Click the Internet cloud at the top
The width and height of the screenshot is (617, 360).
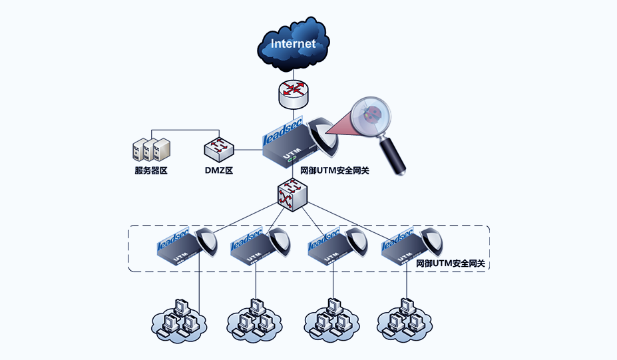293,45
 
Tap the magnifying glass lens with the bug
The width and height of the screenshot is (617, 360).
373,115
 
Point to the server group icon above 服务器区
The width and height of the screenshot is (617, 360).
149,150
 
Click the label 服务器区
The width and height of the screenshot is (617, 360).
150,170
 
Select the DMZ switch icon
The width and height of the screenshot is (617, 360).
218,150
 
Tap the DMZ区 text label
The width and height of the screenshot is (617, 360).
218,170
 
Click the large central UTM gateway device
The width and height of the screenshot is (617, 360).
290,148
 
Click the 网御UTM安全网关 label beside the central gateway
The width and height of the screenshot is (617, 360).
335,170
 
